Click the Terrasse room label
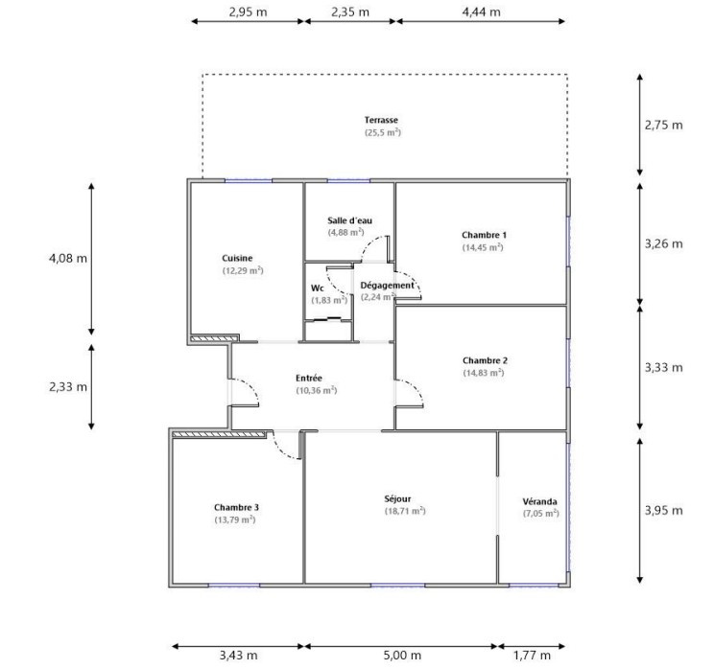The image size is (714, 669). [x=381, y=120]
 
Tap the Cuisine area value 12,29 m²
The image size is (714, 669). [x=243, y=270]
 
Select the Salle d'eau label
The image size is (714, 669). [x=349, y=220]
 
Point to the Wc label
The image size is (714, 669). [x=318, y=288]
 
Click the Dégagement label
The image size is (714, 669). [x=387, y=286]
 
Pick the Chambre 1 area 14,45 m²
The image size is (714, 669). [x=483, y=247]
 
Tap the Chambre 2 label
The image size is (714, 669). [x=485, y=360]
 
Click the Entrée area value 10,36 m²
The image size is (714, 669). [x=317, y=390]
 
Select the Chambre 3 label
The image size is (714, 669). [x=236, y=507]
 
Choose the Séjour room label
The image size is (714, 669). [x=397, y=499]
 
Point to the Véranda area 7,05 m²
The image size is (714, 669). [x=541, y=513]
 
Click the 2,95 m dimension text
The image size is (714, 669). [x=248, y=12]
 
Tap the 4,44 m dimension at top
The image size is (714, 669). [x=482, y=12]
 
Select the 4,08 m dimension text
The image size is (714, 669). [x=68, y=259]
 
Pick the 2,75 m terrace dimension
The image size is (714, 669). [x=663, y=125]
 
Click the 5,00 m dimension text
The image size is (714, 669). [x=402, y=656]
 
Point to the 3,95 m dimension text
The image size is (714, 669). [x=663, y=510]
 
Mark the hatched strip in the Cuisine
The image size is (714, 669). [x=214, y=338]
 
